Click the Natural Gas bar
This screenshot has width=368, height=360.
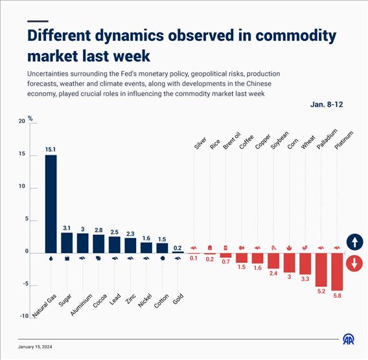pyautogui.click(x=51, y=204)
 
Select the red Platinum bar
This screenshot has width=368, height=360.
pyautogui.click(x=337, y=272)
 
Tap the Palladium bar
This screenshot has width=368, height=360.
pyautogui.click(x=321, y=270)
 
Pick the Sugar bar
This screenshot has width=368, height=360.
pyautogui.click(x=67, y=243)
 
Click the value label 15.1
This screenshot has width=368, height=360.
pyautogui.click(x=51, y=150)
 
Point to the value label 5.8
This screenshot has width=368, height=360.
pyautogui.click(x=337, y=296)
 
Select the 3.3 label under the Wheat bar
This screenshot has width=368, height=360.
pyautogui.click(x=305, y=279)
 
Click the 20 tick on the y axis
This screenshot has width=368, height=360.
pyautogui.click(x=22, y=121)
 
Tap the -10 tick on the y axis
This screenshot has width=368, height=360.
pyautogui.click(x=24, y=316)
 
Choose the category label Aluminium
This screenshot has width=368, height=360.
pyautogui.click(x=82, y=305)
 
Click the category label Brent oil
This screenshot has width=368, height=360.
pyautogui.click(x=232, y=141)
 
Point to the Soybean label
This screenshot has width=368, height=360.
pyautogui.click(x=279, y=141)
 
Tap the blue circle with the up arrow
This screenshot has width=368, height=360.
pyautogui.click(x=354, y=242)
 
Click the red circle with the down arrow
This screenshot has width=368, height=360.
pyautogui.click(x=354, y=264)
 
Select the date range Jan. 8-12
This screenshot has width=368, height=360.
pyautogui.click(x=327, y=104)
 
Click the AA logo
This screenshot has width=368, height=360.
pyautogui.click(x=349, y=339)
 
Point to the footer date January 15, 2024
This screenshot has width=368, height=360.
pyautogui.click(x=35, y=347)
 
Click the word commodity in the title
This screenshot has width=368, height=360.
pyautogui.click(x=295, y=36)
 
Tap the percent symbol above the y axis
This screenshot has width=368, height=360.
pyautogui.click(x=30, y=118)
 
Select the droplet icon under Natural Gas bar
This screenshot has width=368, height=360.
pyautogui.click(x=51, y=258)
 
